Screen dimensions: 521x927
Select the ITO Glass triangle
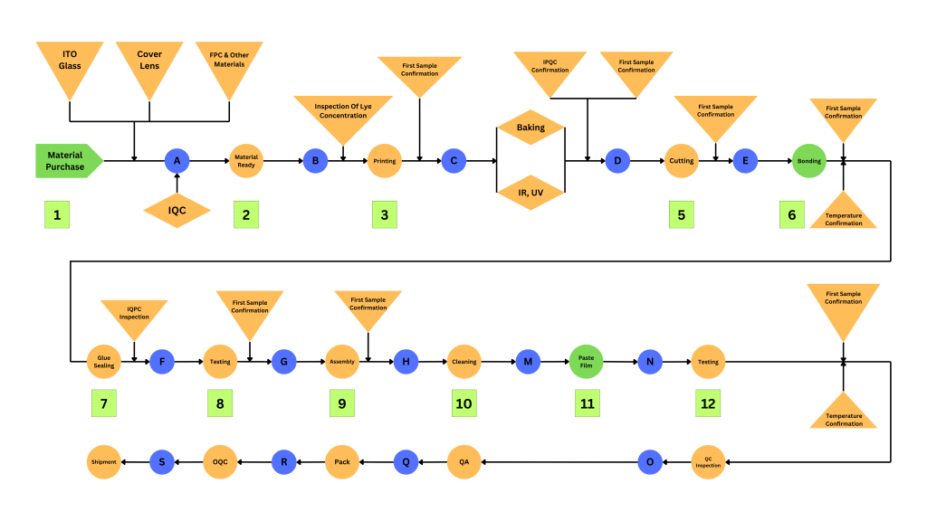point(70,63)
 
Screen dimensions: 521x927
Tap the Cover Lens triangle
point(149,63)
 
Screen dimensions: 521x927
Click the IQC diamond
point(177,211)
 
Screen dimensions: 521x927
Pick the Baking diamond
point(530,128)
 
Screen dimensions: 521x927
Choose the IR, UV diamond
point(530,193)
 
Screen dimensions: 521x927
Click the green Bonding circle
point(809,161)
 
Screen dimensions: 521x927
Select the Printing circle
point(384,161)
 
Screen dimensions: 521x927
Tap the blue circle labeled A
point(177,161)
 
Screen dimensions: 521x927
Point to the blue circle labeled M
point(528,362)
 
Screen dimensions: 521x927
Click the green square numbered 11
point(587,403)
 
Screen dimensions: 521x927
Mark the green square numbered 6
point(792,214)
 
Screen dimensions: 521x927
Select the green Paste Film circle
point(586,362)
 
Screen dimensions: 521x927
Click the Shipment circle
point(103,462)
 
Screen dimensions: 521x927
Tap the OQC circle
point(220,462)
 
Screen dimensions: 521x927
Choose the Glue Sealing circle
point(104,362)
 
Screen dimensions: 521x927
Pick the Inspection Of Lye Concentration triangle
point(343,114)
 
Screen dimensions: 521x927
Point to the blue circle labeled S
point(162,462)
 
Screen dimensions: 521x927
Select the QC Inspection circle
point(708,462)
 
